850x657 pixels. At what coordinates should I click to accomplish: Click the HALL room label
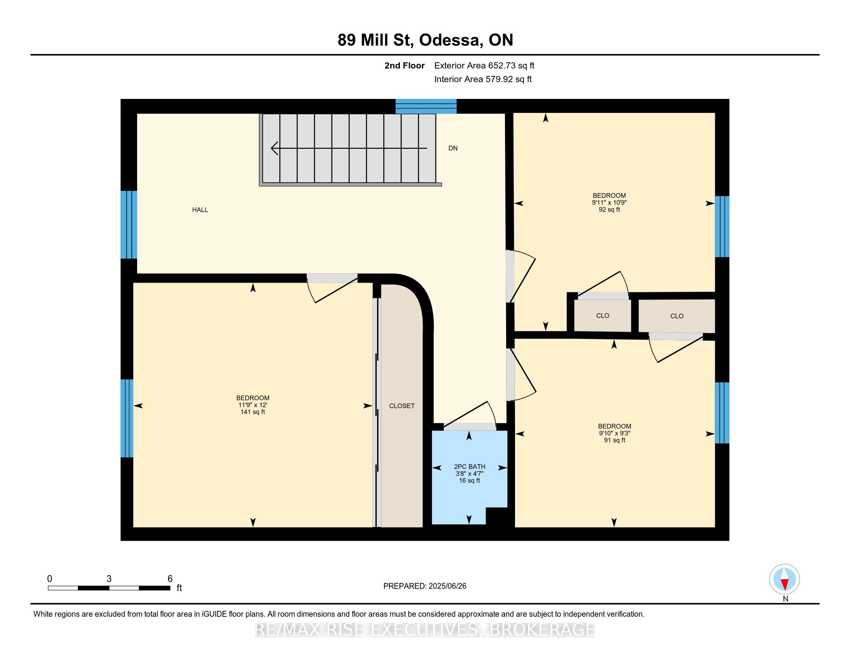tap(200, 210)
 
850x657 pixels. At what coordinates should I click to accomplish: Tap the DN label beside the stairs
tap(453, 148)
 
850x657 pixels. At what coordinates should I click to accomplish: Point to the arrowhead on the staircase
tap(274, 148)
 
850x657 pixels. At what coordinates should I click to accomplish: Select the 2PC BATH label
tap(469, 467)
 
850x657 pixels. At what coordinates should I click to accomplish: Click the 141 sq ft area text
tap(253, 412)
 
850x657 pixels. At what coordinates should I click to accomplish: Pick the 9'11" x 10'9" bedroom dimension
tap(609, 203)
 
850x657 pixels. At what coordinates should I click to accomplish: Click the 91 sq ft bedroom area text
tap(614, 440)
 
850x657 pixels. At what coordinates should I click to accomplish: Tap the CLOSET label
tap(402, 406)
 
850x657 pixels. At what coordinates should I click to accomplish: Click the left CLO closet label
tap(602, 316)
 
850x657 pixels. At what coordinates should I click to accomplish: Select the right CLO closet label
tap(677, 316)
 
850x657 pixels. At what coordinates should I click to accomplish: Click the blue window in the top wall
tap(426, 106)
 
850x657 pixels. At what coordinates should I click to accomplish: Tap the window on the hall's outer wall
tap(128, 225)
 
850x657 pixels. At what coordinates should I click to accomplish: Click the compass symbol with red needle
tap(784, 579)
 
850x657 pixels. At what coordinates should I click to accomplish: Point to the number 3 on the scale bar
tap(109, 579)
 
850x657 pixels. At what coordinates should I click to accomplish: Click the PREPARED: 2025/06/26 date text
tap(425, 586)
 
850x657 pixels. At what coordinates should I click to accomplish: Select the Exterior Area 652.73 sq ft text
tap(484, 66)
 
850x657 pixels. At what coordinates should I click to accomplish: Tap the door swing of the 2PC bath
tap(471, 415)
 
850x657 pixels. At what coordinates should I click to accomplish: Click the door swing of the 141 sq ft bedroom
tap(331, 290)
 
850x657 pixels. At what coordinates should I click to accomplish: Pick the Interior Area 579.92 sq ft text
tap(483, 79)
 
